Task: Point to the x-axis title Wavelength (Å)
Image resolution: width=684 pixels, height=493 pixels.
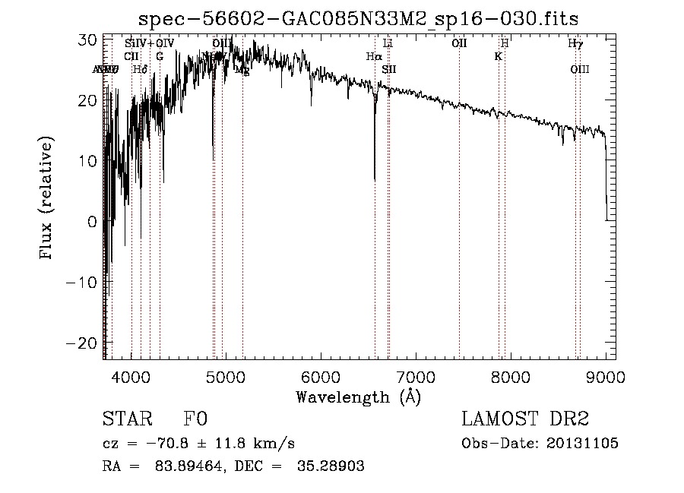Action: pos(358,397)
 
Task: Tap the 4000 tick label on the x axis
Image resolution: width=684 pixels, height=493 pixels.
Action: pos(131,378)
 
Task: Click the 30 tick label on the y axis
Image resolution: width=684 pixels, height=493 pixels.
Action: pos(87,40)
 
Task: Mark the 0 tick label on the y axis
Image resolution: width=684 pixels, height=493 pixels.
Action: pos(92,222)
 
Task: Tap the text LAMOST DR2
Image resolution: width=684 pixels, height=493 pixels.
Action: pos(525,420)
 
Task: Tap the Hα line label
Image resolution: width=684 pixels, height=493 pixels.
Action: pos(373,56)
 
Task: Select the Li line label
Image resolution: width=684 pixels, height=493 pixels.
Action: pos(388,43)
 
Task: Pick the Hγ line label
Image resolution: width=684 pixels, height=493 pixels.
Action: pos(575,43)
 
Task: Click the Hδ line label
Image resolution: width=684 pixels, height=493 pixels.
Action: pos(139,70)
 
